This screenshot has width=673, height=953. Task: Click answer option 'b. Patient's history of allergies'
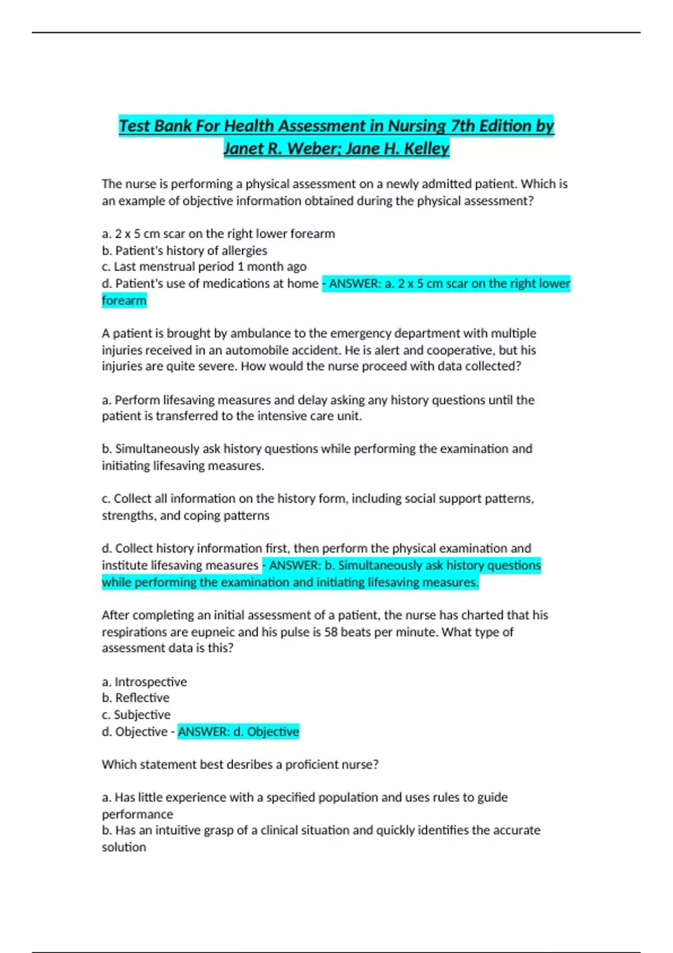(184, 251)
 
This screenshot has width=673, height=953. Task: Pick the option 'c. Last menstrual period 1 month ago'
(204, 267)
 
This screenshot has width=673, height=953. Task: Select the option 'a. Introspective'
(144, 682)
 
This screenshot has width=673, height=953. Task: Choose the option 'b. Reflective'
(135, 698)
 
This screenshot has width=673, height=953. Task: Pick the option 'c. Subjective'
(136, 715)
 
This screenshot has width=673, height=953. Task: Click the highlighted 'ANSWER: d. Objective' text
(238, 732)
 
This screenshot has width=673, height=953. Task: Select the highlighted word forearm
(124, 301)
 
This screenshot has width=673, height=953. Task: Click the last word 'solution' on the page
(124, 847)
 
